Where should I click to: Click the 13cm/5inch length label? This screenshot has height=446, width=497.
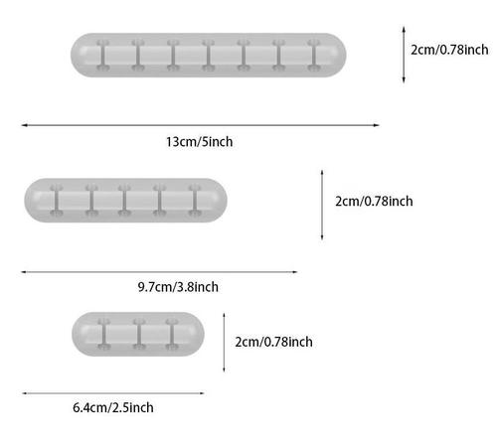[x=200, y=142]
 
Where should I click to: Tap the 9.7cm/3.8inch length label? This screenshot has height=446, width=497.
[x=178, y=287]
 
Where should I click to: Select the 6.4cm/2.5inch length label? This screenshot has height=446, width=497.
[x=113, y=407]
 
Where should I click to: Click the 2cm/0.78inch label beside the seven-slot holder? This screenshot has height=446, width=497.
[x=449, y=50]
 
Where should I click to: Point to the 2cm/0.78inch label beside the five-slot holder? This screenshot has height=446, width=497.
[x=374, y=201]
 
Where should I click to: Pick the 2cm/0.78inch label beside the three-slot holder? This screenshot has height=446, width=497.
[x=273, y=342]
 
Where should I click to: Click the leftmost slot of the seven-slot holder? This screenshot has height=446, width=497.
[x=103, y=56]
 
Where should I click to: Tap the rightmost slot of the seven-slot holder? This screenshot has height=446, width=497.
[x=314, y=56]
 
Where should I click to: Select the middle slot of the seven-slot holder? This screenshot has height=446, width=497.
[x=209, y=56]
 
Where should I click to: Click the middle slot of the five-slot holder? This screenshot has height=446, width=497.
[x=124, y=201]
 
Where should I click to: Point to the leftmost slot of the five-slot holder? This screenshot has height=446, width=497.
[x=57, y=201]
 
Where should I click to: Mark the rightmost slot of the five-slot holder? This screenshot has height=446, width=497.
[x=195, y=201]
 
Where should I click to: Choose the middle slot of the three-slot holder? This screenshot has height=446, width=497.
[x=139, y=334]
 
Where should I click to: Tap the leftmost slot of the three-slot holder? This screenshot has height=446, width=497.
[x=104, y=334]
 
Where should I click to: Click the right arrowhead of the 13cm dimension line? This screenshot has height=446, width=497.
[x=377, y=125]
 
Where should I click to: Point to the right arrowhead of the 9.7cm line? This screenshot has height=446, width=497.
[x=294, y=272]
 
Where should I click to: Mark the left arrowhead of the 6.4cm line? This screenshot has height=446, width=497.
[x=25, y=393]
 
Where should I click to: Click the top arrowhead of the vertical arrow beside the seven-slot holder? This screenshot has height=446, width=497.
[x=404, y=29]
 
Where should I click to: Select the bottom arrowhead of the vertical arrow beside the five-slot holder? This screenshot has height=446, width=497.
[x=322, y=236]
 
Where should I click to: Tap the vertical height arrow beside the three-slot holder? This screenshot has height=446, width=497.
[x=224, y=343]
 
